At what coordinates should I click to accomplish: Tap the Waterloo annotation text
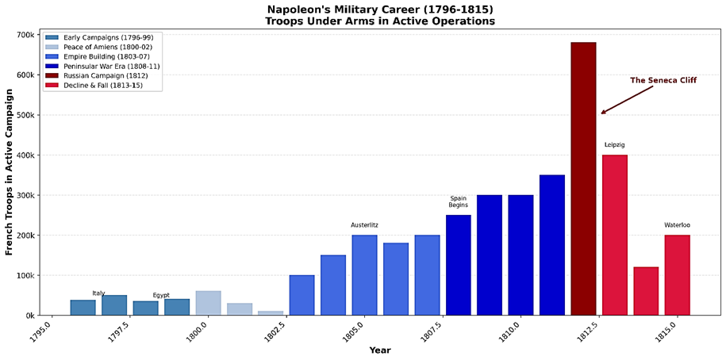[x=677, y=225]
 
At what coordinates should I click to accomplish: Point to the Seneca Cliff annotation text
[x=663, y=81]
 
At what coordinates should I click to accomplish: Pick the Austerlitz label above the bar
[x=364, y=225]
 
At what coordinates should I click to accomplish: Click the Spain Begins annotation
[x=458, y=201]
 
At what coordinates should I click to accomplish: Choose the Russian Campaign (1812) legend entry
[x=110, y=75]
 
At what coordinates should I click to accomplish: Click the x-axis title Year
[x=379, y=350]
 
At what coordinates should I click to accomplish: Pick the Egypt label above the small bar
[x=161, y=295]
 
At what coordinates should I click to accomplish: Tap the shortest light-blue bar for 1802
[x=271, y=312]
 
